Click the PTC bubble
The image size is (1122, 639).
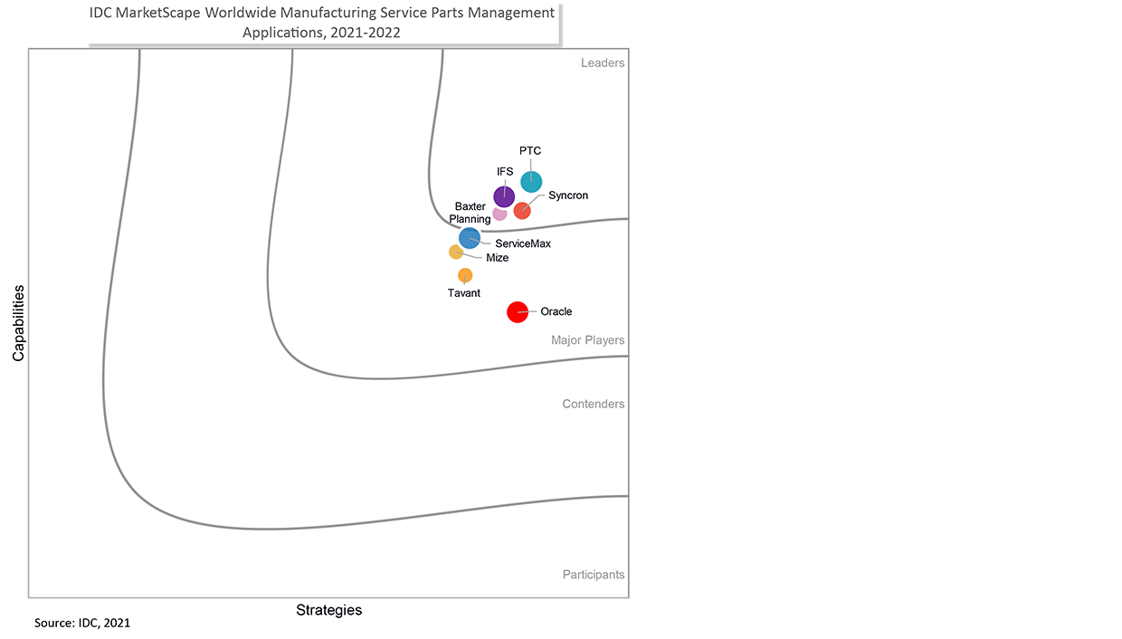tap(531, 182)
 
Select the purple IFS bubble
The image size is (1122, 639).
tap(504, 196)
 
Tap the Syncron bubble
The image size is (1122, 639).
tap(522, 211)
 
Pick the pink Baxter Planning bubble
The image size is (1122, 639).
tap(499, 215)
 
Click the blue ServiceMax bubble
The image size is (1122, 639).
tap(470, 238)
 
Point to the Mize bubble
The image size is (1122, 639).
tap(456, 252)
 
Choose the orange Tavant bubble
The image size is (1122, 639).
tap(465, 275)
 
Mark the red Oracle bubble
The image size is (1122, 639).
tap(517, 312)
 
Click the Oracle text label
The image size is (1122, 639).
tap(556, 312)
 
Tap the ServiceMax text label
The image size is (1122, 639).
tap(517, 243)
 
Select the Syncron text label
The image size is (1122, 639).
tap(568, 196)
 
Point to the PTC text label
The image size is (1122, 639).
tap(530, 151)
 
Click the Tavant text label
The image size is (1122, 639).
tap(464, 293)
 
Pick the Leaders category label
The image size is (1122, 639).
tap(603, 63)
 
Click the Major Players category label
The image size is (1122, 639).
tap(588, 341)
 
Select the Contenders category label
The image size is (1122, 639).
tap(594, 405)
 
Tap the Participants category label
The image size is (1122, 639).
tap(594, 575)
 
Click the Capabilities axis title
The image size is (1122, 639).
tap(18, 324)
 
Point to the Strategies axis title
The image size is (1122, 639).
tap(329, 611)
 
